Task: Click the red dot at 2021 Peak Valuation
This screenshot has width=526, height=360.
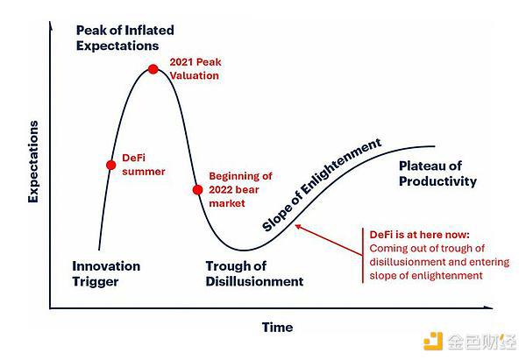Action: (x=153, y=69)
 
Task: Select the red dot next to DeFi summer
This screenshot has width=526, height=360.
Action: (x=111, y=165)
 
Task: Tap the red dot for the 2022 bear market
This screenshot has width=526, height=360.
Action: (x=197, y=190)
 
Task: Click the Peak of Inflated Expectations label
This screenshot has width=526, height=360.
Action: (x=124, y=38)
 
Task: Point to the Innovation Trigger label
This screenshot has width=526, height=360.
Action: (x=106, y=273)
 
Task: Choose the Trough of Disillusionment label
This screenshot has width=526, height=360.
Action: (x=254, y=273)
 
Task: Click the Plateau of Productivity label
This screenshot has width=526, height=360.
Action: (x=437, y=173)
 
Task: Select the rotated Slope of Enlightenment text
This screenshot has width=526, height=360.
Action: (x=322, y=185)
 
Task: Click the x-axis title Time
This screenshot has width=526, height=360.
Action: (x=277, y=327)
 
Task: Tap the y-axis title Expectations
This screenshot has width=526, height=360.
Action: (x=33, y=161)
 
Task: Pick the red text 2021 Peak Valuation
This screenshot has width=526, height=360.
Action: (x=195, y=68)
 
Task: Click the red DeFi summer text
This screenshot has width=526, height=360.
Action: (x=144, y=165)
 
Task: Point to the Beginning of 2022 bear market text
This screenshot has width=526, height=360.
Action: (x=240, y=189)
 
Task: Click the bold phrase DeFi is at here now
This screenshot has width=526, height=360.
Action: (x=419, y=235)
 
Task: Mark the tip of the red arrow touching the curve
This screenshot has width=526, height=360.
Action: (x=295, y=226)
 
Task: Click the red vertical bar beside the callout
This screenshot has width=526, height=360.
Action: (x=363, y=256)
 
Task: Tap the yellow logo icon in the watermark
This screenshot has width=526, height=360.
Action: (x=433, y=341)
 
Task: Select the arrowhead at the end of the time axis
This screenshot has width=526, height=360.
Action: (x=490, y=307)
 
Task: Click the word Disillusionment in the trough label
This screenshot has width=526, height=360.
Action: (x=254, y=281)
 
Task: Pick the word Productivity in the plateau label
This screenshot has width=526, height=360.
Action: (x=437, y=181)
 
